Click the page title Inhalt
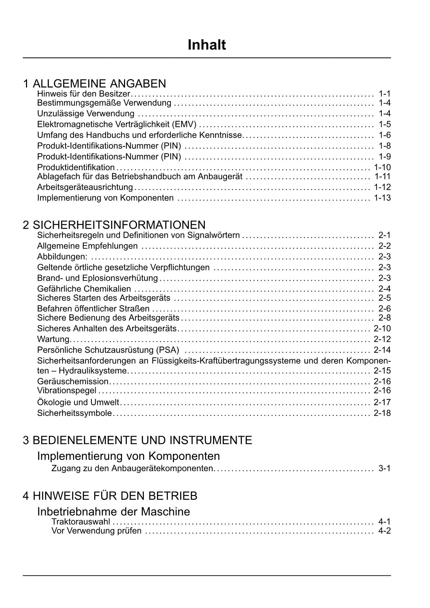click(x=207, y=45)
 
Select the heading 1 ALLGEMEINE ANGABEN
click(x=94, y=84)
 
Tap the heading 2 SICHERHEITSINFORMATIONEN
click(x=114, y=225)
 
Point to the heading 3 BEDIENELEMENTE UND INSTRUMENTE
click(x=137, y=440)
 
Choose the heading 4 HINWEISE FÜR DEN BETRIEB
click(x=110, y=496)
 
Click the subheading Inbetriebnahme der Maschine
click(x=113, y=512)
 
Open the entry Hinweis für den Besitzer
click(x=84, y=94)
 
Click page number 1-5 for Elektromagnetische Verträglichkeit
click(x=385, y=124)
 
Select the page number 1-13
click(x=382, y=198)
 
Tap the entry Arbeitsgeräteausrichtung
click(x=85, y=187)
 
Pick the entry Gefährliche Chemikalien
click(x=84, y=289)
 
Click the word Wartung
click(x=53, y=339)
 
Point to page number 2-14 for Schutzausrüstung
click(x=382, y=350)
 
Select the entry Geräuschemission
click(x=73, y=381)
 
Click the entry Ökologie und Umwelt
click(x=78, y=402)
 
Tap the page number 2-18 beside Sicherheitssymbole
click(x=382, y=413)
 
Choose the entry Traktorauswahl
click(x=81, y=522)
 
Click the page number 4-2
click(x=385, y=531)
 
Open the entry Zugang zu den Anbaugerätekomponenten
click(x=132, y=468)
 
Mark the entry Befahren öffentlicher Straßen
click(x=93, y=309)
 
